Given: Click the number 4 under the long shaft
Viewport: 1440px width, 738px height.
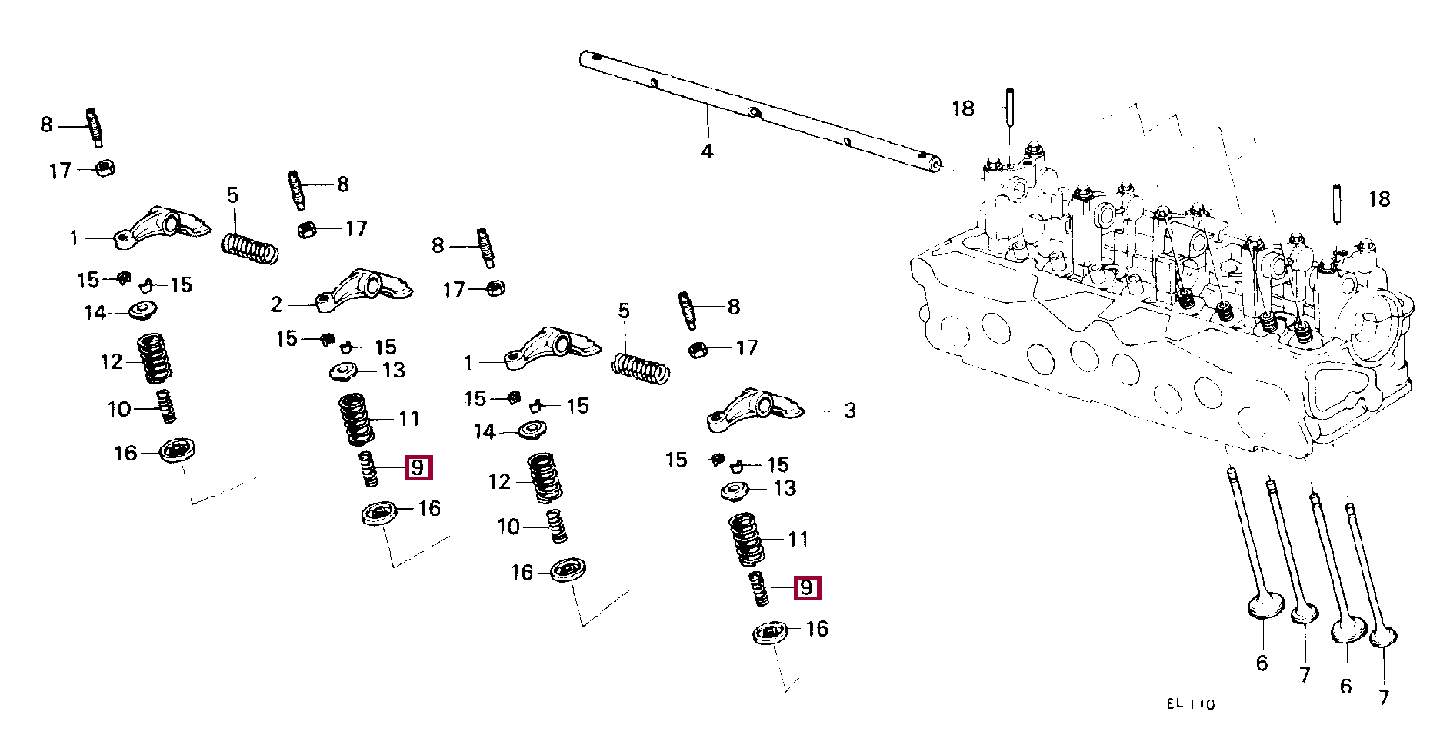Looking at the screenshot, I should [707, 151].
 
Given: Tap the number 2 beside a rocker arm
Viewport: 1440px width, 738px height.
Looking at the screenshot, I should [276, 305].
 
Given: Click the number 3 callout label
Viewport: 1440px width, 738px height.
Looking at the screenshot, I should [850, 411].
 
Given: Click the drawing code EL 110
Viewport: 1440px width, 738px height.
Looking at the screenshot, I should [1191, 704].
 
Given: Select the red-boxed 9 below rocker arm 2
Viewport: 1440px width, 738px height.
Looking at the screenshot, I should [418, 467].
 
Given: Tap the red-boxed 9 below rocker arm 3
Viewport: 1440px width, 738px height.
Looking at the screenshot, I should [806, 588].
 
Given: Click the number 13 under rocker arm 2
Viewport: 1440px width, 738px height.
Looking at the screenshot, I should [394, 371].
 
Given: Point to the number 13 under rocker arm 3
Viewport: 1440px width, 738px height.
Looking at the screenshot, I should [785, 488].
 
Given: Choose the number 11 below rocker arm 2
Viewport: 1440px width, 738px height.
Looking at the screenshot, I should [409, 419].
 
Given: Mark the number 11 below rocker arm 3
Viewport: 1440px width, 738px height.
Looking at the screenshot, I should [798, 540].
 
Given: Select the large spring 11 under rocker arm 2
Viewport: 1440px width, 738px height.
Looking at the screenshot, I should [356, 419].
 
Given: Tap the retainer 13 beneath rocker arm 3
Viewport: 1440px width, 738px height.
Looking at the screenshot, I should [735, 490].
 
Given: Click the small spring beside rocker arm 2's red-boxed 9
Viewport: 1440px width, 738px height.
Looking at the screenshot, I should [368, 469].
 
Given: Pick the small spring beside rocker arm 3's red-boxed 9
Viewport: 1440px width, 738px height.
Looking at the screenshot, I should [758, 589].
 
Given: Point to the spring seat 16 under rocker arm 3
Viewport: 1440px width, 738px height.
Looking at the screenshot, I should [770, 633].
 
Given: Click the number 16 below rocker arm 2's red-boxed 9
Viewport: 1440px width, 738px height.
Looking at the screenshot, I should [429, 508].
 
